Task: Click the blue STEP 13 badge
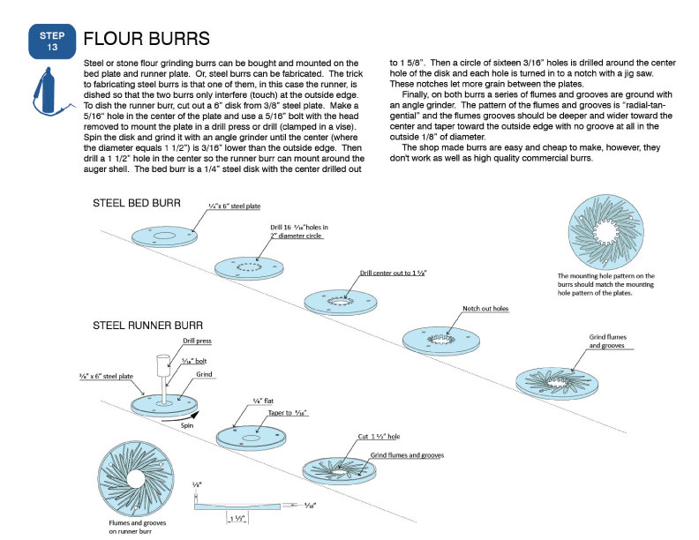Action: tap(52, 41)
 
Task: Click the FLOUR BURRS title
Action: tap(147, 39)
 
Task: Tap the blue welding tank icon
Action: tap(47, 91)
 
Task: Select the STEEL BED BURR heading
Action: tap(137, 203)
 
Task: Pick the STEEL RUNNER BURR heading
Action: tap(147, 326)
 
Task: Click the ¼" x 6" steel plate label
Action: tap(235, 206)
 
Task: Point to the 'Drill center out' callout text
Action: tap(393, 273)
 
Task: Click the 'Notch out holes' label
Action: tap(485, 308)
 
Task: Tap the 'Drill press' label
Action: tap(197, 341)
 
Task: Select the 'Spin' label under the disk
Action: tap(187, 425)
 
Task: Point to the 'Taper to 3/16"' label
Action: tap(288, 413)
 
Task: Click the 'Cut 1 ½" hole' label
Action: tap(379, 437)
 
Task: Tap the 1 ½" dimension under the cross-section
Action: tap(237, 518)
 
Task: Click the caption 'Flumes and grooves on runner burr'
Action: tap(137, 527)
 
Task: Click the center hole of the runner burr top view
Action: tap(136, 479)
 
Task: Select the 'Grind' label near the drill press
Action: tap(204, 374)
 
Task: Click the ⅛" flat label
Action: tap(263, 401)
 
